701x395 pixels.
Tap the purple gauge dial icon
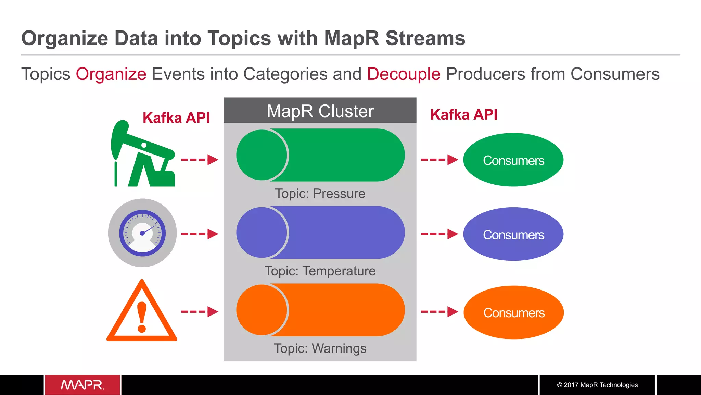(x=142, y=233)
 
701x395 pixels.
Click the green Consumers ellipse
(x=513, y=160)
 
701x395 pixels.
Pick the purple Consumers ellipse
(x=513, y=234)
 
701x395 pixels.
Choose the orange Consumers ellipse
(x=513, y=312)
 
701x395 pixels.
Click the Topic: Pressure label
(x=320, y=194)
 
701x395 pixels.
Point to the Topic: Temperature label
(x=320, y=271)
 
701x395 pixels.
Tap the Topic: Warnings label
(x=320, y=348)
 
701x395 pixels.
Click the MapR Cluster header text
(x=320, y=111)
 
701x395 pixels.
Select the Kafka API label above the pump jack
(x=176, y=118)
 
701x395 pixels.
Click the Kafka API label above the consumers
(x=463, y=115)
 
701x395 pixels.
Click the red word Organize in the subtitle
(x=111, y=74)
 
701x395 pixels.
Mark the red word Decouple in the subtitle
(x=404, y=74)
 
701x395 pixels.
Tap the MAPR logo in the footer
(x=82, y=385)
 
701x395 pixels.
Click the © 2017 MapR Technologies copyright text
(x=597, y=385)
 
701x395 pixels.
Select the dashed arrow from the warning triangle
(x=199, y=312)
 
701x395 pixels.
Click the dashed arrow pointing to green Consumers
(x=439, y=160)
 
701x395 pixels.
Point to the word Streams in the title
(x=425, y=38)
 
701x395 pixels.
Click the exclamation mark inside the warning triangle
(x=142, y=317)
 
